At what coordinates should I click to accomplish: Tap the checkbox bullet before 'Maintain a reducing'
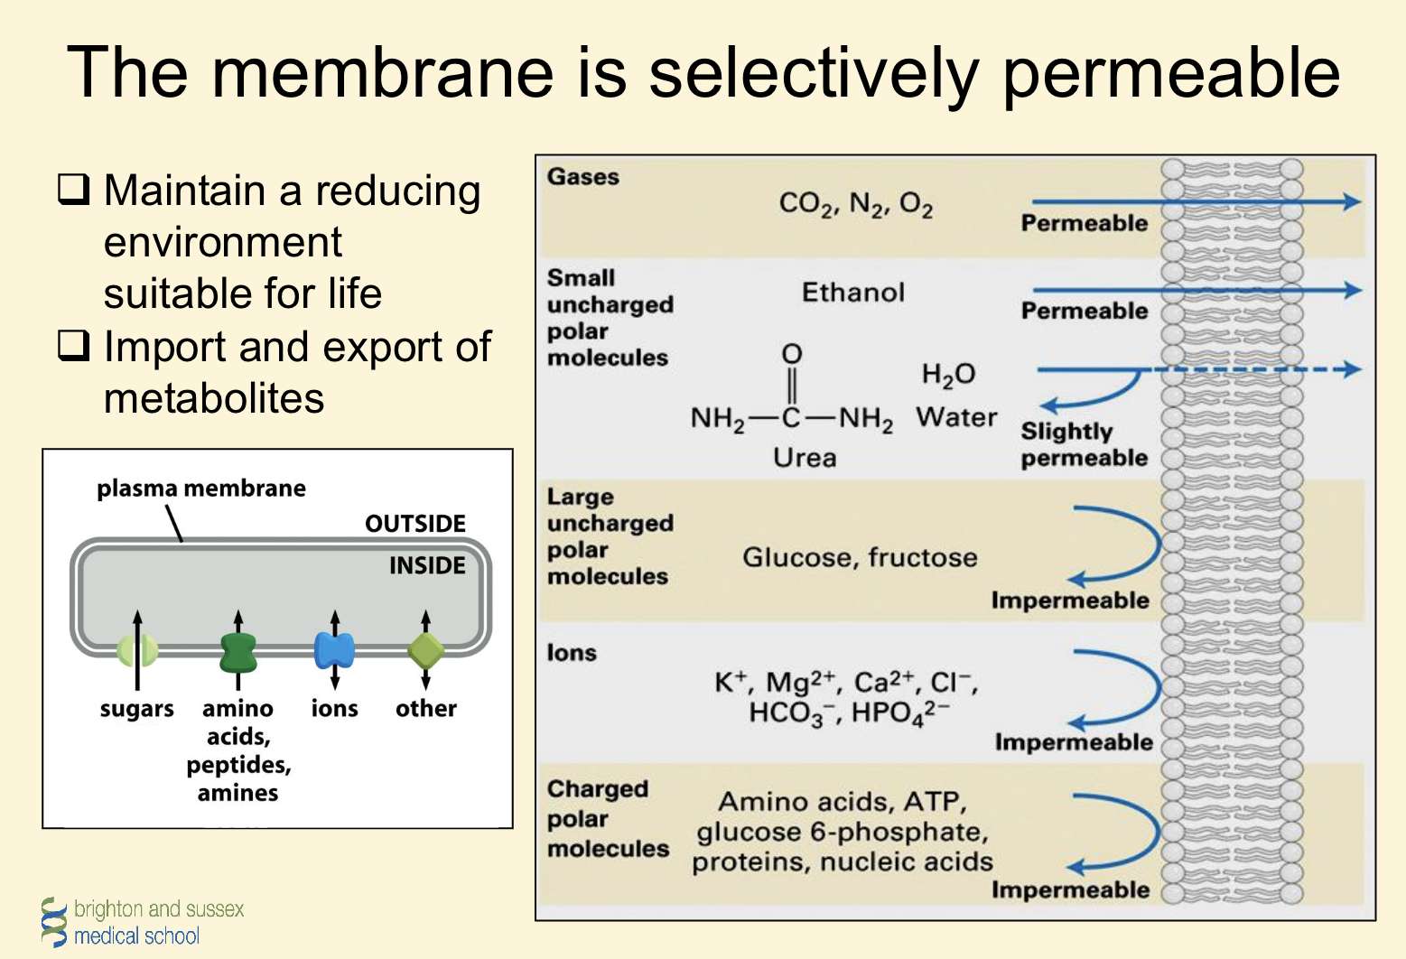click(x=73, y=189)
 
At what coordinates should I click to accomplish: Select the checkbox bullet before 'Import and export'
click(x=73, y=345)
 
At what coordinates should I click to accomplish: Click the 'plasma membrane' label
click(x=200, y=489)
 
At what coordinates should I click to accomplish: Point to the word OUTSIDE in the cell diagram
click(x=414, y=524)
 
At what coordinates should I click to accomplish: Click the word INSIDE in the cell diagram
click(x=427, y=566)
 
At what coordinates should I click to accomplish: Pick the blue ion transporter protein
click(x=334, y=650)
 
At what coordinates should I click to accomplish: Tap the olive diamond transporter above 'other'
click(x=425, y=649)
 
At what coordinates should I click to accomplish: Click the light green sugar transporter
click(x=137, y=649)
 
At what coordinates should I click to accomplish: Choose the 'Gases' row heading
click(x=582, y=177)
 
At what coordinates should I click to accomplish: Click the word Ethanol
click(x=852, y=293)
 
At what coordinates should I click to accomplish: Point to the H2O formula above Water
click(x=947, y=375)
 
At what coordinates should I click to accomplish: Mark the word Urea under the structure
click(x=804, y=458)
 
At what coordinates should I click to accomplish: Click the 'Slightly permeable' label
click(x=1084, y=444)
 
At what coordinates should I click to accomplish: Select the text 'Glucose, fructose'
click(x=860, y=557)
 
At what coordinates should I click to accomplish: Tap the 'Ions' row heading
click(x=572, y=653)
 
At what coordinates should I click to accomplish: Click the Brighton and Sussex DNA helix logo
click(x=54, y=921)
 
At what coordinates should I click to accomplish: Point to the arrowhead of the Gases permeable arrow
click(x=1352, y=201)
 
